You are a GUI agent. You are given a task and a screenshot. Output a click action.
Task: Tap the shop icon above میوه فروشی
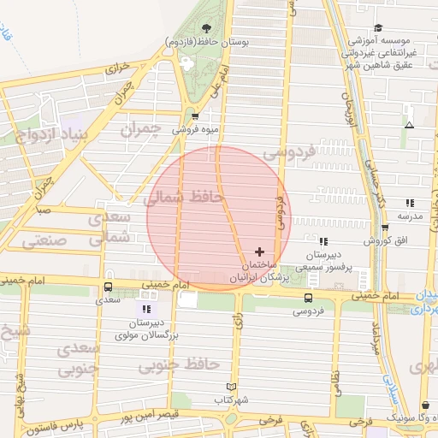[196, 117]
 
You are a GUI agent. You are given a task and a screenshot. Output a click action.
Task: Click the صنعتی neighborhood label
[38, 242]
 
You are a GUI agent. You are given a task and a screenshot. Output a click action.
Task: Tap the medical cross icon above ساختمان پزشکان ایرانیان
[260, 252]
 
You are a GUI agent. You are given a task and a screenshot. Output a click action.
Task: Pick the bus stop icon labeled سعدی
[108, 287]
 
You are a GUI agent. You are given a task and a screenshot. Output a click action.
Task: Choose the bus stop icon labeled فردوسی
[308, 299]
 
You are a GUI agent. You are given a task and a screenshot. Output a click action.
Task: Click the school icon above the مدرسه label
[410, 203]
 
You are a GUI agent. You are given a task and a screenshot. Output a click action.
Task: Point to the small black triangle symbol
[409, 125]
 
